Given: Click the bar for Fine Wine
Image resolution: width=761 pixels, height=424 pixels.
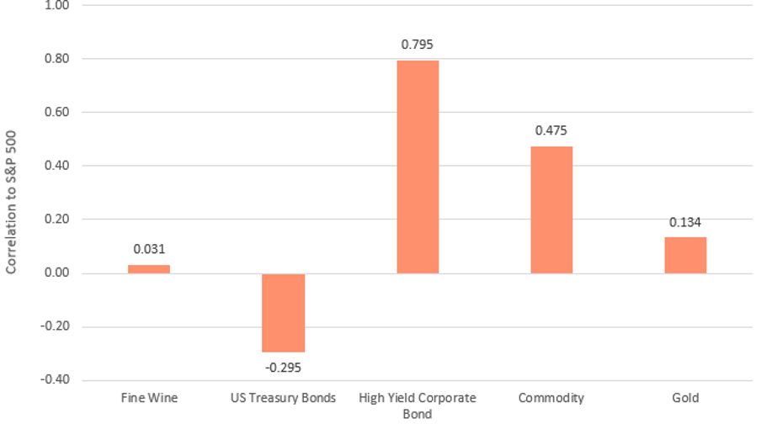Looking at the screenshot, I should coord(149,269).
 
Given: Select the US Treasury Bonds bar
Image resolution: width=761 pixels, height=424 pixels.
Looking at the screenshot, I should coord(283,312).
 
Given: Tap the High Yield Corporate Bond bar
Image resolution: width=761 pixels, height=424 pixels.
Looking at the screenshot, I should coord(418,167).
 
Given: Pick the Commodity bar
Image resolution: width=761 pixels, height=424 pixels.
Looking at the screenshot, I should coord(551,209).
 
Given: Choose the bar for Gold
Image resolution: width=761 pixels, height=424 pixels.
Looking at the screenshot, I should coord(685,255).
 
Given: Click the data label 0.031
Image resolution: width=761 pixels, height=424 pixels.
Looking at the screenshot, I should coord(149,250).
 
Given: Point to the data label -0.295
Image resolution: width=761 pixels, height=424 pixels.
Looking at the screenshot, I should coord(283,367).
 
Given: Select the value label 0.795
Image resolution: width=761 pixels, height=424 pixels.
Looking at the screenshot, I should coord(418,45).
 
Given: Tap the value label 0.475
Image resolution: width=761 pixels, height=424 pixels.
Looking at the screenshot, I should coord(551,130).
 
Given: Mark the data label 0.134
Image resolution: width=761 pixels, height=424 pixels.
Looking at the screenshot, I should coord(685,222).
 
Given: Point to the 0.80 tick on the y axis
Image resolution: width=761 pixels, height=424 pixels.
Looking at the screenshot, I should coord(56,59).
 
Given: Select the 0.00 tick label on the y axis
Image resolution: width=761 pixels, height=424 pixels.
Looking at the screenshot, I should coord(56,273).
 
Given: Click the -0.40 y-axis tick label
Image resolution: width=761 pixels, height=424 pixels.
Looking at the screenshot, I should coord(55,380).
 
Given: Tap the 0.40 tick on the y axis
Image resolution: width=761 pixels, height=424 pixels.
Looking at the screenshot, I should coord(56,166).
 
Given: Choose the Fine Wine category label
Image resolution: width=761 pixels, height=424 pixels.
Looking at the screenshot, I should coord(149,398).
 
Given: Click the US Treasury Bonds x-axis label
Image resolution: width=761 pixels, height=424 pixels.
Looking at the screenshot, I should coord(283,398).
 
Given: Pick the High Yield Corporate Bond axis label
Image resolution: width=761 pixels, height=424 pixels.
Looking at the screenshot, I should coord(418,405).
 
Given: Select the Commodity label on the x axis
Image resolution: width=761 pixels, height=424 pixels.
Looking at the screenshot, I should coord(551,398).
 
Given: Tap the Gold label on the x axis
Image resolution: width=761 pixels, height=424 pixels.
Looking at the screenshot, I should coord(685,398).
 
